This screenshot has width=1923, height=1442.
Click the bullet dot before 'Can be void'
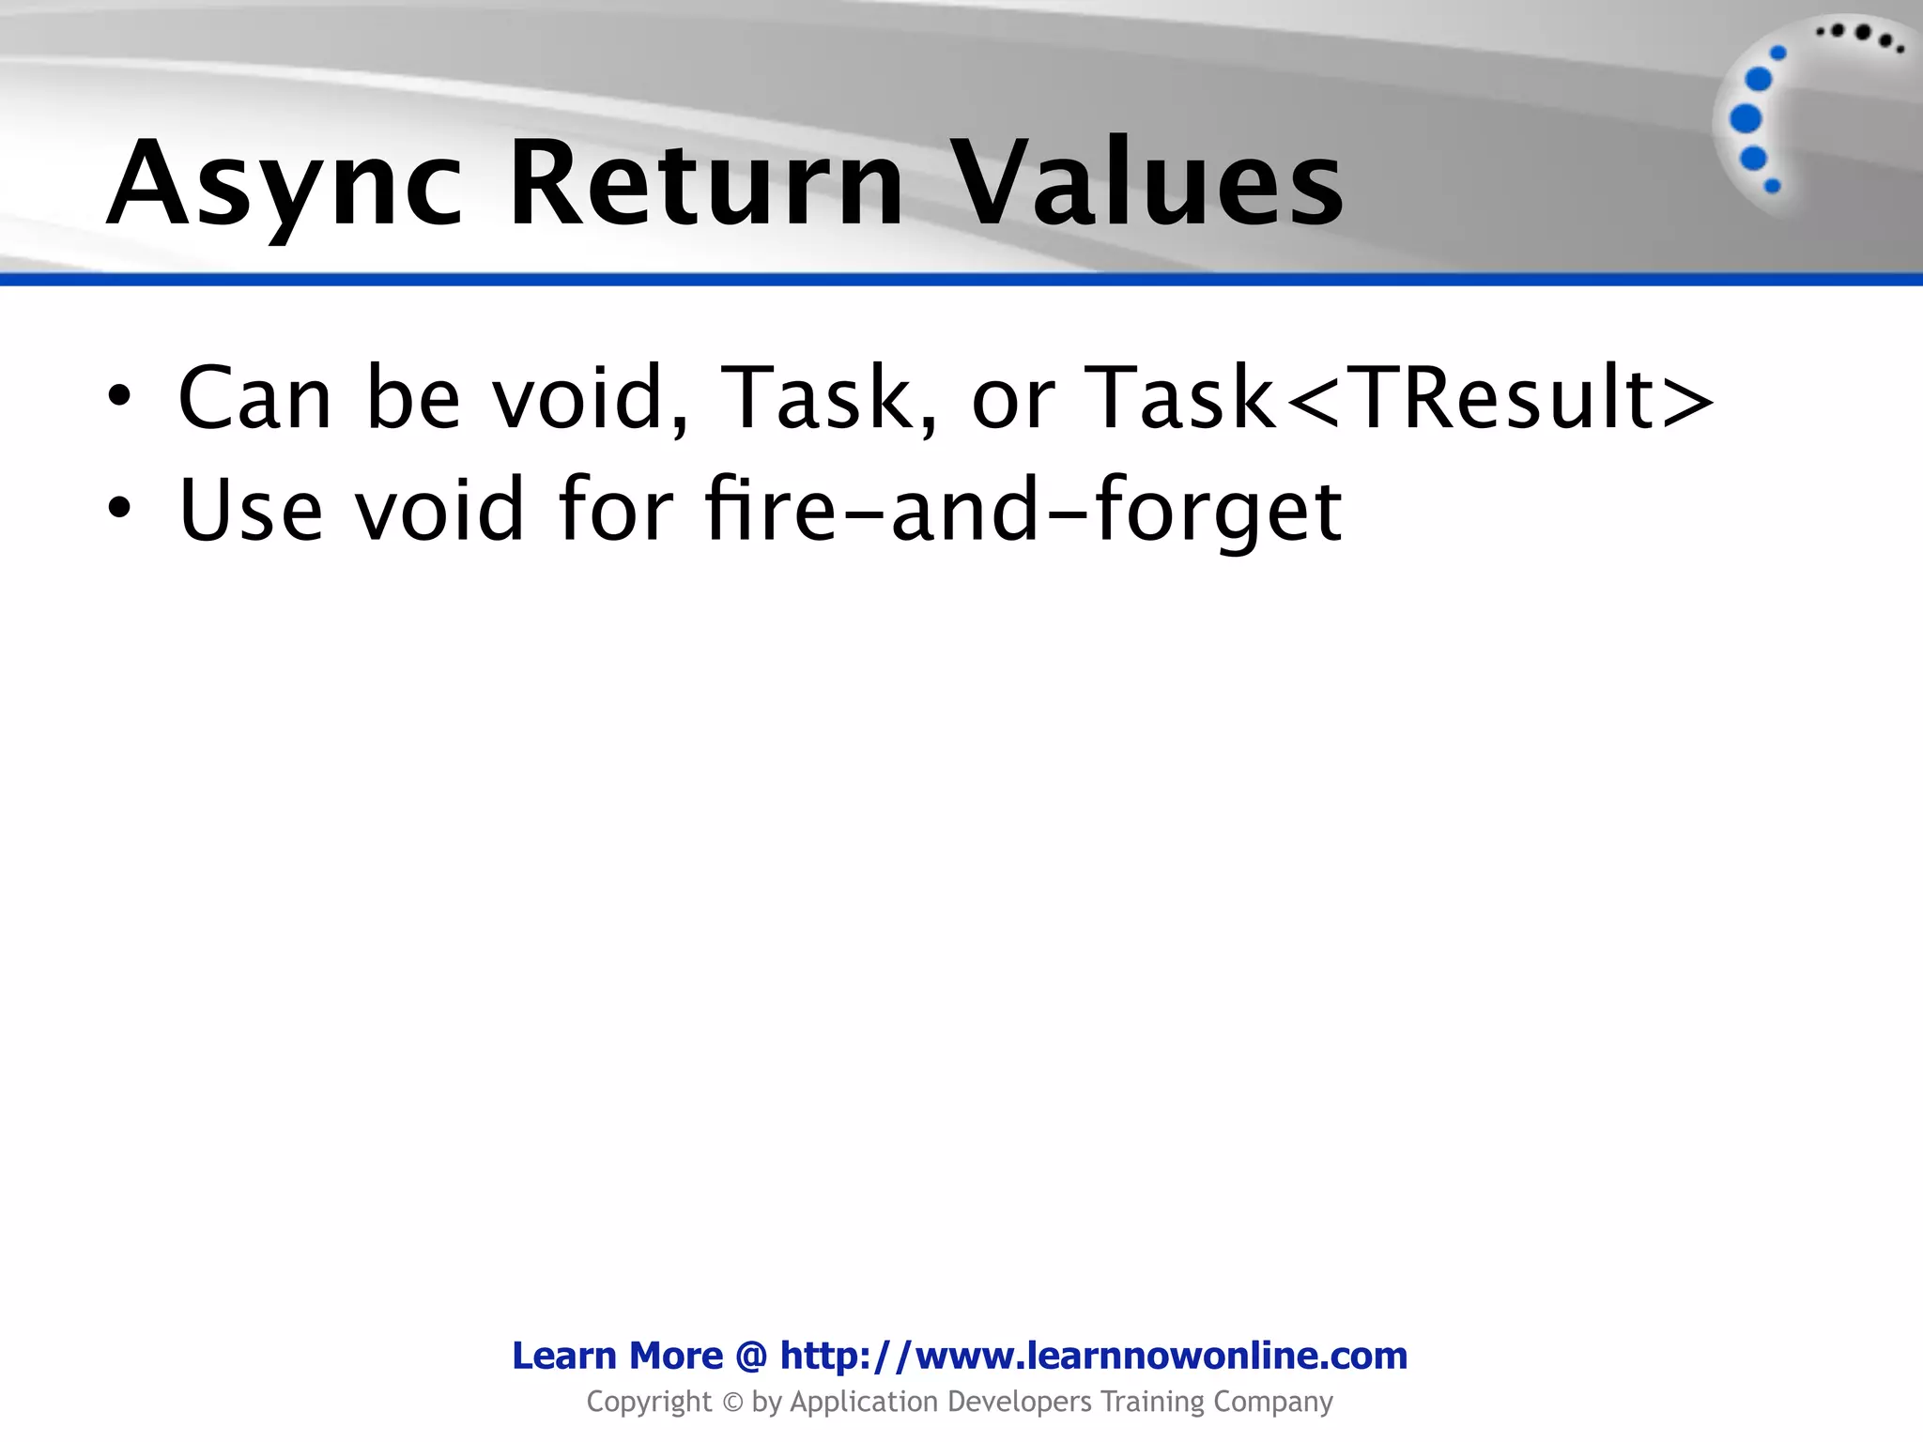[x=119, y=398]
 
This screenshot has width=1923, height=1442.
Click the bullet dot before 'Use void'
[x=119, y=509]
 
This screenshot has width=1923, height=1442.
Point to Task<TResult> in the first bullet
[x=1399, y=398]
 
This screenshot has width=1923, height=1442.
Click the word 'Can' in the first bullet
[x=254, y=398]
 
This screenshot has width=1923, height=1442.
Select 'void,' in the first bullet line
[x=592, y=398]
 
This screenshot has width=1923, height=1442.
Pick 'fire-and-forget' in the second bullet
[x=1023, y=509]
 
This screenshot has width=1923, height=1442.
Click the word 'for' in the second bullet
[x=615, y=509]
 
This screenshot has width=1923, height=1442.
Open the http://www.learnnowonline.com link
[x=1093, y=1356]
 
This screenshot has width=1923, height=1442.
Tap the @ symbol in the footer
[x=751, y=1356]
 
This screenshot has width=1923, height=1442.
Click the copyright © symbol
[x=732, y=1403]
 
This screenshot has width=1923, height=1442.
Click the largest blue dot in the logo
[x=1746, y=119]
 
